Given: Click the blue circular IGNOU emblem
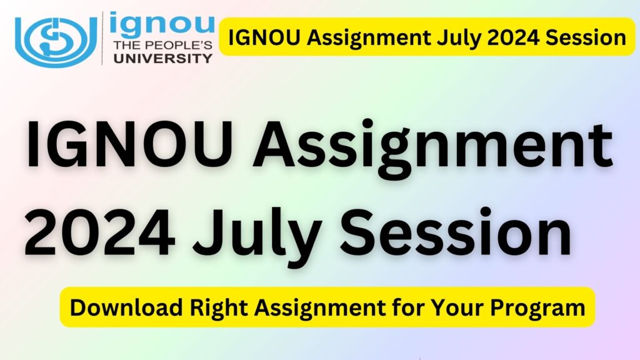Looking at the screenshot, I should pos(57,37).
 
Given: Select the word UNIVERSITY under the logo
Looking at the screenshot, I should pos(161,59).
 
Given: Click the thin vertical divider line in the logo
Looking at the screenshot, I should pos(102,37).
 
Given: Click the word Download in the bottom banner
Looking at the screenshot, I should pos(115,307).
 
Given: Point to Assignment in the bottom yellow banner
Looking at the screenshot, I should pos(316,307).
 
